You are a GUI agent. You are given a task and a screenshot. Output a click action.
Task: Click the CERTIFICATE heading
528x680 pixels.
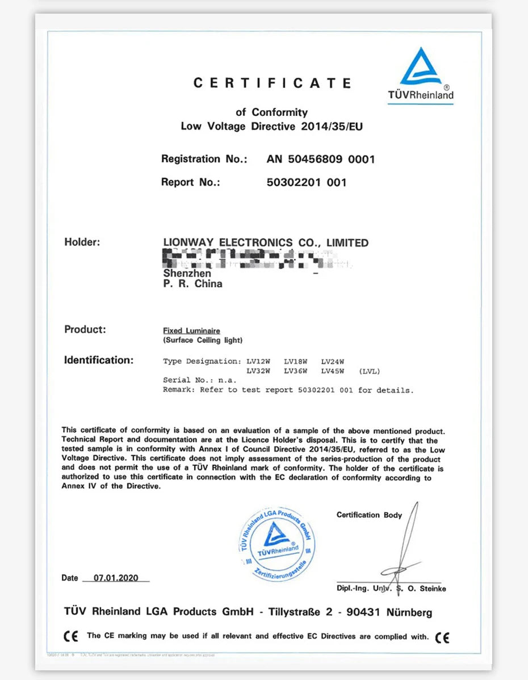(273, 83)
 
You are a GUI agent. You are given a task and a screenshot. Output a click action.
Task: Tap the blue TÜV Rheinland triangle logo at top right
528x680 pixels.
(420, 69)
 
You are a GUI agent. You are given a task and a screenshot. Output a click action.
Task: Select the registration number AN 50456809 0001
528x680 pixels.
(320, 159)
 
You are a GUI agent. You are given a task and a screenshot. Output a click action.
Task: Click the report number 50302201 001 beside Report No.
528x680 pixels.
(306, 183)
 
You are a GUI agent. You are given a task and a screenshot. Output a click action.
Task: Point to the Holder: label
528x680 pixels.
(82, 242)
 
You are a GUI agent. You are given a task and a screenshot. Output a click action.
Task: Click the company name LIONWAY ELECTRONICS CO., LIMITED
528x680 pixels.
(265, 243)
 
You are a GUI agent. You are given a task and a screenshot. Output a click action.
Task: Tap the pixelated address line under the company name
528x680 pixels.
(250, 259)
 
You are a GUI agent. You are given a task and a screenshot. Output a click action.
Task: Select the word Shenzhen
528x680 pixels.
(187, 274)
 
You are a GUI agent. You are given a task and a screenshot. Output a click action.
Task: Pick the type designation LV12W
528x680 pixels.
(258, 362)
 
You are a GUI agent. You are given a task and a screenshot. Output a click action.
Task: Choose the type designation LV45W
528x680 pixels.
(333, 371)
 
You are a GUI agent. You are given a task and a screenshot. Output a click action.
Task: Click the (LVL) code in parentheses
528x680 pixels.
(370, 371)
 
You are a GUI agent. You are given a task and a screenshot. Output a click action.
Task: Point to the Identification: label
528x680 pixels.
(99, 360)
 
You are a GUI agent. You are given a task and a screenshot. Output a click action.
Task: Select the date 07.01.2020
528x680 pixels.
(116, 578)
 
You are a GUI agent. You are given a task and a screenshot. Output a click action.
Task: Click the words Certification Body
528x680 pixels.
(369, 515)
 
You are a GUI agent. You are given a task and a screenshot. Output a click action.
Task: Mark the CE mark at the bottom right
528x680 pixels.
(442, 637)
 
